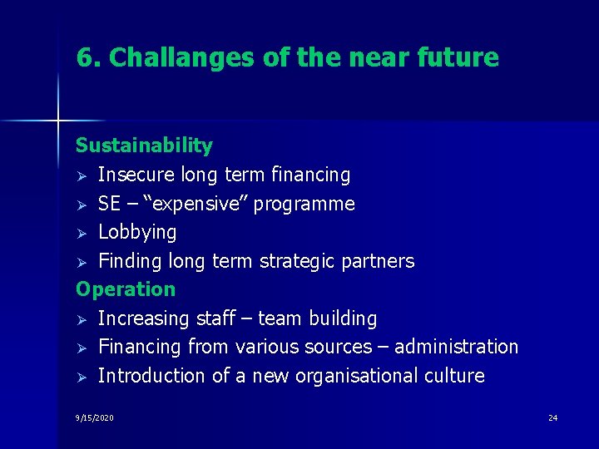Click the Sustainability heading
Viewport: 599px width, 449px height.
click(x=144, y=146)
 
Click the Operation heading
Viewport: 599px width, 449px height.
click(x=126, y=289)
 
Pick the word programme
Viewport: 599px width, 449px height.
click(x=304, y=204)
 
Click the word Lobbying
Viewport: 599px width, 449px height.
click(x=137, y=232)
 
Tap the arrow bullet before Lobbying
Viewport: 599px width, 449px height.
click(x=81, y=233)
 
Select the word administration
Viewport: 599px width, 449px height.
click(x=457, y=347)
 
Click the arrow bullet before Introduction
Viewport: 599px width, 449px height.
click(x=81, y=377)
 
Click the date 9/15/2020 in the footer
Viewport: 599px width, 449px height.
click(x=94, y=417)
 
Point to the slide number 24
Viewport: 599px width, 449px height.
click(x=552, y=417)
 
